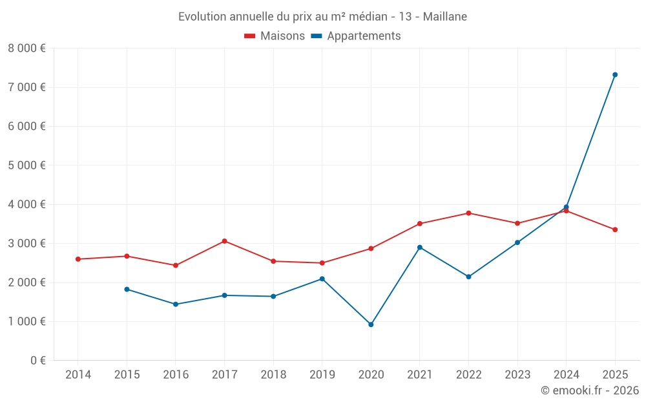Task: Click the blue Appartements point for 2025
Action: click(x=615, y=75)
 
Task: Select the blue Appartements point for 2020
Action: click(x=371, y=324)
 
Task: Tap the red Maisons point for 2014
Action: click(x=78, y=259)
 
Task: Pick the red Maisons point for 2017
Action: click(x=224, y=241)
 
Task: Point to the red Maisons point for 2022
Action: click(x=468, y=213)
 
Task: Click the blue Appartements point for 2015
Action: click(x=127, y=290)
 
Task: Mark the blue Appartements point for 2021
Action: click(x=420, y=248)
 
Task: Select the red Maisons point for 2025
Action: click(x=615, y=229)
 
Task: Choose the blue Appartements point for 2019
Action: click(x=322, y=279)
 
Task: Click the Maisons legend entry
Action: click(x=275, y=36)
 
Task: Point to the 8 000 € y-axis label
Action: click(x=26, y=48)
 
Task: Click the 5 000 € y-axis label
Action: click(x=26, y=165)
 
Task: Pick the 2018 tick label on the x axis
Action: click(x=273, y=375)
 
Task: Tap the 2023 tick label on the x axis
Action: click(x=517, y=375)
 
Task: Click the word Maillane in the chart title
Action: click(x=445, y=16)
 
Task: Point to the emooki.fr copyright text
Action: click(x=590, y=390)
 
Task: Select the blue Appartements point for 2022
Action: click(x=468, y=277)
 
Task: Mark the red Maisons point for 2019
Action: click(x=322, y=263)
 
